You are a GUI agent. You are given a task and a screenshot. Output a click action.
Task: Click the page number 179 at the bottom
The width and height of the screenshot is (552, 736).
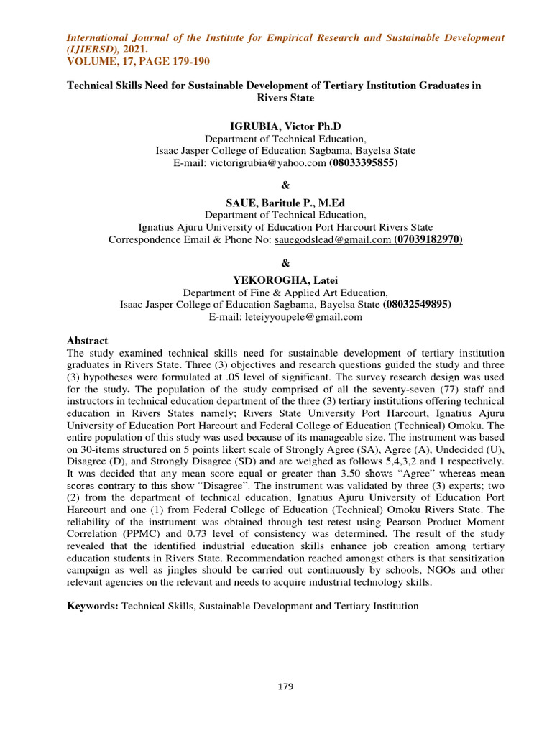tap(285, 686)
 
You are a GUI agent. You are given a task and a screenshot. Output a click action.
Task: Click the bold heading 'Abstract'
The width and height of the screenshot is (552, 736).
tap(87, 340)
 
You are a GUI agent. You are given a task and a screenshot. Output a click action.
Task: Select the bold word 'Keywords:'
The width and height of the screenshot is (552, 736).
tap(93, 606)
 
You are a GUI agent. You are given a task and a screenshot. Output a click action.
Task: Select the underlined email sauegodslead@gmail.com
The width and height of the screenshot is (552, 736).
tap(332, 239)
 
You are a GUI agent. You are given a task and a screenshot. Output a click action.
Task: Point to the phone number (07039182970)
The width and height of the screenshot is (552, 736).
tap(428, 239)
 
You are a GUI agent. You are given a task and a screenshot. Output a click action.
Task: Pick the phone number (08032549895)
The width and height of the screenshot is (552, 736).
tap(417, 304)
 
